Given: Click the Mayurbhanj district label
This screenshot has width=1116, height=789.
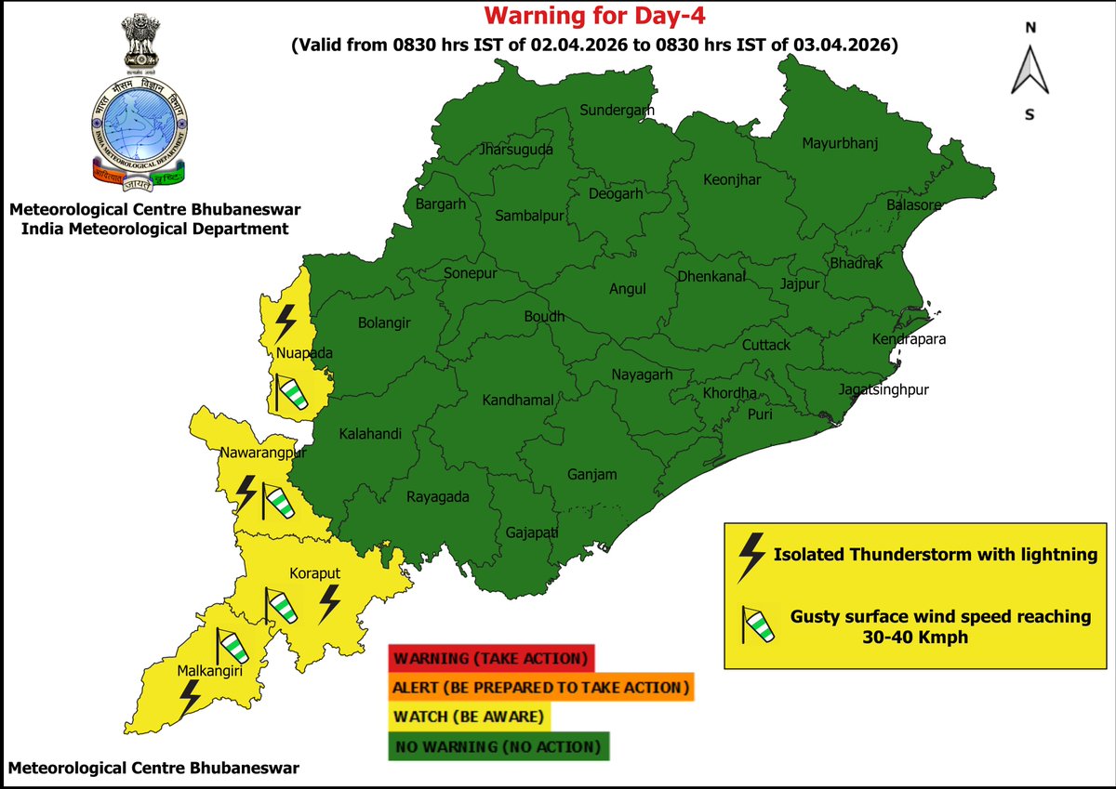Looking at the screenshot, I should [840, 143].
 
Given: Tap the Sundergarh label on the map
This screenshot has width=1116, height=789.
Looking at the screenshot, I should [617, 111].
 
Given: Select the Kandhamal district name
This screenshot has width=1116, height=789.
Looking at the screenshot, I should [518, 401].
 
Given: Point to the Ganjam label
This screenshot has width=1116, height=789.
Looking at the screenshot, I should [592, 475].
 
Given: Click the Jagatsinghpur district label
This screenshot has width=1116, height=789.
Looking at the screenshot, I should [883, 389].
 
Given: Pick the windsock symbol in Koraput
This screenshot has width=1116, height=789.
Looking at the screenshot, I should [280, 606].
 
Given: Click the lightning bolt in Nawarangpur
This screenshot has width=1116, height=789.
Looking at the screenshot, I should [246, 493].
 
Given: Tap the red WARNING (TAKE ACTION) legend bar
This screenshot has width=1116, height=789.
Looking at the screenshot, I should [490, 659].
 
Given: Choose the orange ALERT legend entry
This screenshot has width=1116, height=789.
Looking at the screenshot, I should [541, 688].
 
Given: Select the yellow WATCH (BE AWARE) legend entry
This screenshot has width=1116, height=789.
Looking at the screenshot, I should [470, 717].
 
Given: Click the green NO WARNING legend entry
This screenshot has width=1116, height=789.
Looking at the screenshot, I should [498, 747].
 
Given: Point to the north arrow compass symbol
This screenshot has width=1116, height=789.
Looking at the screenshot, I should [1030, 71].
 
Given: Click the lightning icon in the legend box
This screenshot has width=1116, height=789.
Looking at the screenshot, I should [750, 556].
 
